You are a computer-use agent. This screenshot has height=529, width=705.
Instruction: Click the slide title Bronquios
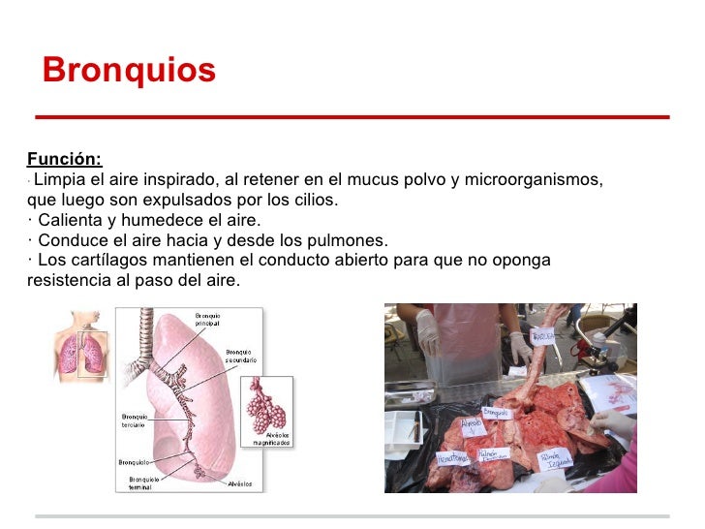(129, 71)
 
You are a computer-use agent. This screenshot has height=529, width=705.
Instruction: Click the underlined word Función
(64, 160)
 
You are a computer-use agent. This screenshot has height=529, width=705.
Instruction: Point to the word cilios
(315, 201)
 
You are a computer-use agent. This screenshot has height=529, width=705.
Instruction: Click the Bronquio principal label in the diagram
(208, 320)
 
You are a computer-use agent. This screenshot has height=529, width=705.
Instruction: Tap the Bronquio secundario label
(240, 356)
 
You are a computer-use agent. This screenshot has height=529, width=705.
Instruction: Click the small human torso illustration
(81, 345)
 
